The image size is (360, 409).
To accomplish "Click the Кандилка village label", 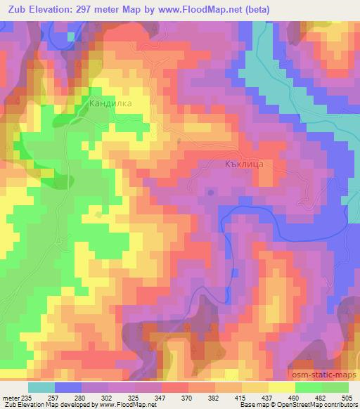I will (110, 103).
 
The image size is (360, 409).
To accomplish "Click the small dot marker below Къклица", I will (212, 190).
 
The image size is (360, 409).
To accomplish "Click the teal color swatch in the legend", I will (41, 387).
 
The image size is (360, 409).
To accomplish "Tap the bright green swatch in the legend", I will (308, 387).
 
